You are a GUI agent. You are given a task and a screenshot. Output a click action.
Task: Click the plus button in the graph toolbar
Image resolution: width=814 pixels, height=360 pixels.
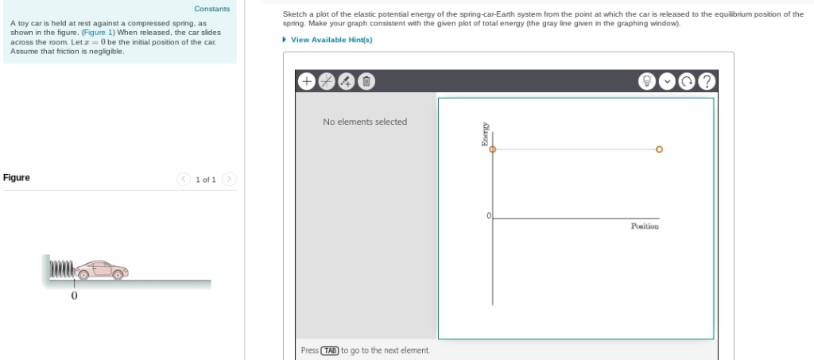coord(307,81)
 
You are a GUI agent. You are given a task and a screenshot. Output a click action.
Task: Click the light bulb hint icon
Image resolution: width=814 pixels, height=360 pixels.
coord(648,81)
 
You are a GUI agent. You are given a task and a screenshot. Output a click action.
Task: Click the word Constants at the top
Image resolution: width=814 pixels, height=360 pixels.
coord(212,9)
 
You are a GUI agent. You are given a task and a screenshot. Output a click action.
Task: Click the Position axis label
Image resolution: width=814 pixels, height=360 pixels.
coord(645,226)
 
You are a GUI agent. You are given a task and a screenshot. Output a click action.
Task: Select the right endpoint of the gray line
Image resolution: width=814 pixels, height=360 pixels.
coord(659,149)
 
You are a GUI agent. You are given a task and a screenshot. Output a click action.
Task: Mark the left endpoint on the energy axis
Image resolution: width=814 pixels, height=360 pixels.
coord(492,149)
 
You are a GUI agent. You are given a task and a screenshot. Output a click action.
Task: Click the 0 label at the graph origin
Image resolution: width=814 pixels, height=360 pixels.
coord(489,216)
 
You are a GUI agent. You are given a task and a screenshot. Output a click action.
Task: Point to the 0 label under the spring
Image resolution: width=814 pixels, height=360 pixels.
coord(74,296)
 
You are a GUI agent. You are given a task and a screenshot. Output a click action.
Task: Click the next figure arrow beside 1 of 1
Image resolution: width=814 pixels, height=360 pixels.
coord(229,179)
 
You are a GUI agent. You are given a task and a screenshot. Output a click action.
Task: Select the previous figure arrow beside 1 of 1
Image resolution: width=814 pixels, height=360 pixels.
coord(184,179)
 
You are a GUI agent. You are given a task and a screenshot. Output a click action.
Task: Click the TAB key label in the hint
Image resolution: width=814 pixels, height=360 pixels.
coord(329,350)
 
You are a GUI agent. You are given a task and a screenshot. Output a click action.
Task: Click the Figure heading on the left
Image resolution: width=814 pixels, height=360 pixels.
coord(17,177)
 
